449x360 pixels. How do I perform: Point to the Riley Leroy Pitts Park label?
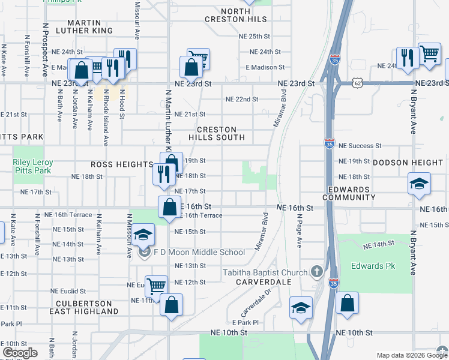coord(33,167)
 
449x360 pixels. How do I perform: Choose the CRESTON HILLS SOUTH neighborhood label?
coord(217,133)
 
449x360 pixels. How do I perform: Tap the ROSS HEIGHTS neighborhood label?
coord(122,164)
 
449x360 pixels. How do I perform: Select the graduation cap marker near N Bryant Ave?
coord(419,183)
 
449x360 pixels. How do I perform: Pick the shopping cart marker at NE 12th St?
coord(156,286)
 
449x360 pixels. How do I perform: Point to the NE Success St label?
coord(360,145)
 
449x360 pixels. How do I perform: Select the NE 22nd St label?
coord(241,99)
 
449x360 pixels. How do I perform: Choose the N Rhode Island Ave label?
coord(106,117)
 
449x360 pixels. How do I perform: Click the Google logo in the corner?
coord(20,353)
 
